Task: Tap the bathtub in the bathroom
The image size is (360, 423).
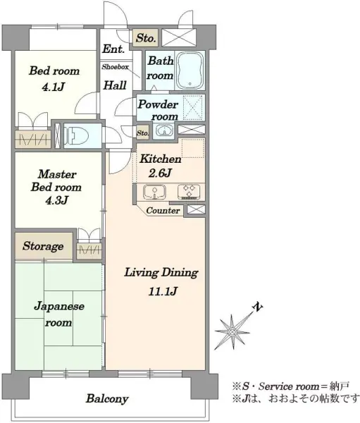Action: [190, 70]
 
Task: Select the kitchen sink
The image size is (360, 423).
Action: [154, 192]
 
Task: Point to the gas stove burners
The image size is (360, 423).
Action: [189, 192]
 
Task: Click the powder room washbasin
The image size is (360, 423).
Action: [163, 130]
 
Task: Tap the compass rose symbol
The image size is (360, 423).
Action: [232, 331]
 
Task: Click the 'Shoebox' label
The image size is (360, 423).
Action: [115, 67]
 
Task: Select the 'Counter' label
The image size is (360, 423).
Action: [163, 210]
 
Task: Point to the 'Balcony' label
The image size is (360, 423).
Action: [107, 398]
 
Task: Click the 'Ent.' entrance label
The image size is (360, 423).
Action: [113, 49]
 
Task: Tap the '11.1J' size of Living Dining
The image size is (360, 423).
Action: [163, 291]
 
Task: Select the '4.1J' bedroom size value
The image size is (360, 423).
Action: [53, 87]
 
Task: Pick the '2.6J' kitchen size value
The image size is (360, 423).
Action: [160, 173]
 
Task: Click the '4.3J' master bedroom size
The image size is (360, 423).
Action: [56, 200]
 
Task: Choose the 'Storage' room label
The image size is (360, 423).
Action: [43, 246]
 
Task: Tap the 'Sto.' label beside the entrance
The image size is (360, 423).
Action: [146, 38]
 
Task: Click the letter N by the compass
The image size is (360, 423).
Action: [258, 307]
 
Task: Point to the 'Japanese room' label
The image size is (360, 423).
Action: [58, 314]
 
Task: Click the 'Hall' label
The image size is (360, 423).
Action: [115, 85]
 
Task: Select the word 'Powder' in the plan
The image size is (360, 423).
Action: [158, 105]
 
